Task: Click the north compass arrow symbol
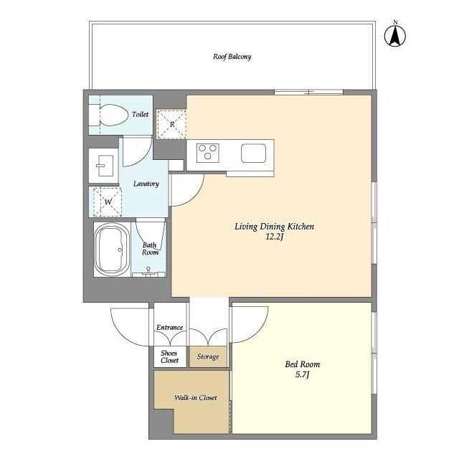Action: point(395,36)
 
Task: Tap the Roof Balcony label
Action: point(232,57)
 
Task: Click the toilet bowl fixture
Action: point(113,115)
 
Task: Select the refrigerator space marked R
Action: point(171,124)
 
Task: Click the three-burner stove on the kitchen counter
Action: point(207,153)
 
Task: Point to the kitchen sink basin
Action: point(253,153)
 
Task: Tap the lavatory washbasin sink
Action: point(105,166)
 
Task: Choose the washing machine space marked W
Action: point(108,202)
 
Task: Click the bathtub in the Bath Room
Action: point(113,250)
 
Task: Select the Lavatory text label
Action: point(146,184)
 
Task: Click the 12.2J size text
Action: point(274,237)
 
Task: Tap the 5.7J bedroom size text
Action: point(303,374)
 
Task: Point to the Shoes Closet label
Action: point(169,356)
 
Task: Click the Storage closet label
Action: point(208,356)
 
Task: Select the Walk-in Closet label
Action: point(196,397)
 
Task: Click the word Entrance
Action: point(169,327)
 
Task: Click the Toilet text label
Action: point(141,114)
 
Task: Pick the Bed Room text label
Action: point(303,364)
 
